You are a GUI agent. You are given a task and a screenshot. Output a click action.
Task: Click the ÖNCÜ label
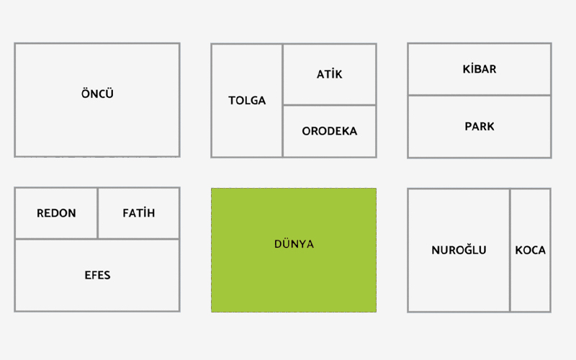point(97,94)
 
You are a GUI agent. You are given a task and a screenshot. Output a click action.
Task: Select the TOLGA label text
point(247,100)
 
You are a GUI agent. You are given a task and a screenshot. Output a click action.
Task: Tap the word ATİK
point(329,74)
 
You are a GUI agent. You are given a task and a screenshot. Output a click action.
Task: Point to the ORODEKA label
point(329,131)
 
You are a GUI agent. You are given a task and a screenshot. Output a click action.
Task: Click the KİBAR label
point(479,69)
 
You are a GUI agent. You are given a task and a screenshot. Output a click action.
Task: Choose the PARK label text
point(479,126)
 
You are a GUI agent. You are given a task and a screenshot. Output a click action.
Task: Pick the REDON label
point(56,213)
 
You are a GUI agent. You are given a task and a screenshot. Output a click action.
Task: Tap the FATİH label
point(138,213)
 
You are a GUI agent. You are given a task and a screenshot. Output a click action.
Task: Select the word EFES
point(97,275)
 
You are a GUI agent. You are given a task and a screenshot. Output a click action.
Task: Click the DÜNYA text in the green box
point(294,244)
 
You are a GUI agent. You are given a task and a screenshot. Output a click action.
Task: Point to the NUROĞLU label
point(459,250)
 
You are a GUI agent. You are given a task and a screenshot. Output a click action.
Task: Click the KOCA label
point(530,250)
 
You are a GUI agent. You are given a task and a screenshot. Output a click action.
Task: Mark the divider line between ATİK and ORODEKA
point(329,105)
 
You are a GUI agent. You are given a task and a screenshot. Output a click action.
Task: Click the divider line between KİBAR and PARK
point(479,95)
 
